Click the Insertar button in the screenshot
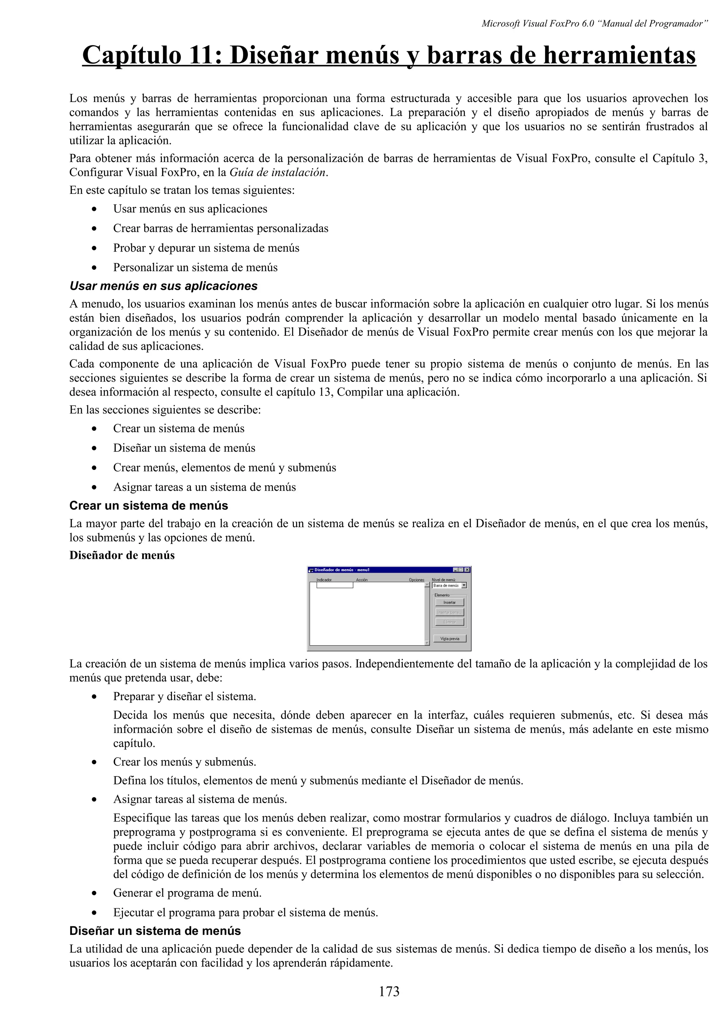tap(449, 602)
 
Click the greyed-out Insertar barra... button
tap(449, 612)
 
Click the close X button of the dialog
tap(467, 570)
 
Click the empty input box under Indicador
tap(335, 585)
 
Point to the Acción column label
tap(362, 580)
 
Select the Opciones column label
tap(417, 580)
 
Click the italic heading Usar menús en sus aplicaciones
tap(163, 286)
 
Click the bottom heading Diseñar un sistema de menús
tap(155, 931)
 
